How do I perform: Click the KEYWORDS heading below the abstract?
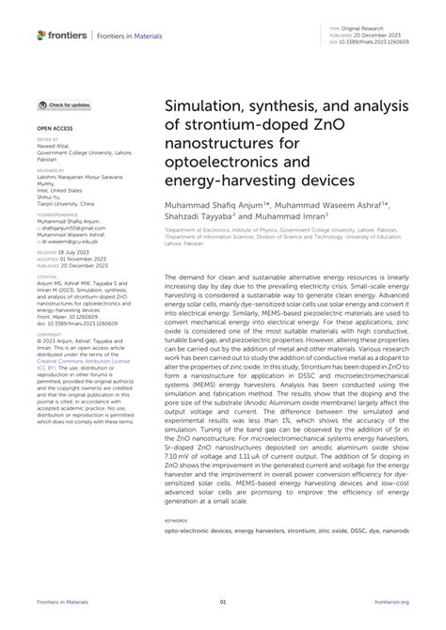pos(176,518)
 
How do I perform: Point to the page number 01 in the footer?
pos(222,602)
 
